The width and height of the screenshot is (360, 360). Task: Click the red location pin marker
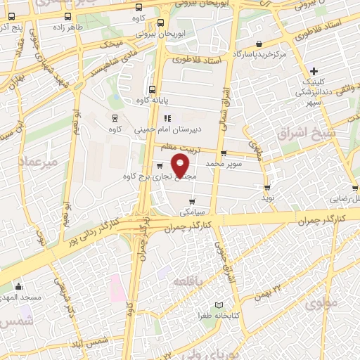coord(181,165)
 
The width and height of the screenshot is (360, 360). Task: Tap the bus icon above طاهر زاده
coord(67,16)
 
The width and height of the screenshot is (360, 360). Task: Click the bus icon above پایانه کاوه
coord(153,89)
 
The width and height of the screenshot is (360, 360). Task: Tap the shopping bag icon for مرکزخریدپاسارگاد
coord(259,44)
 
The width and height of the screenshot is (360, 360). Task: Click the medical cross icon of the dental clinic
coord(314,71)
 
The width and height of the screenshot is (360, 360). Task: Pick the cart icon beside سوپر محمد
coord(224,153)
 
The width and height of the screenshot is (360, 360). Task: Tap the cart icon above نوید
coord(267,187)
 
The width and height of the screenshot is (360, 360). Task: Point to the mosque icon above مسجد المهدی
coord(19,287)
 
